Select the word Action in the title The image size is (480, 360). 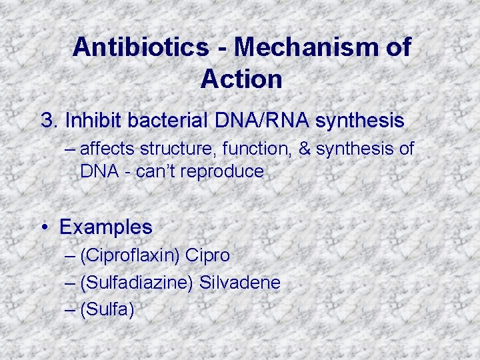click(241, 79)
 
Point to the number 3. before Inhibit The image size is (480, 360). click(50, 121)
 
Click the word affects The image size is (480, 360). click(109, 149)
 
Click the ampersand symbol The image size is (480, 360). click(305, 149)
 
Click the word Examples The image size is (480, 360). click(106, 227)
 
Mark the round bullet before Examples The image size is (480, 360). click(45, 227)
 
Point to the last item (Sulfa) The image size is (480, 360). click(107, 310)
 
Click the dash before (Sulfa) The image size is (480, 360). click(71, 310)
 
